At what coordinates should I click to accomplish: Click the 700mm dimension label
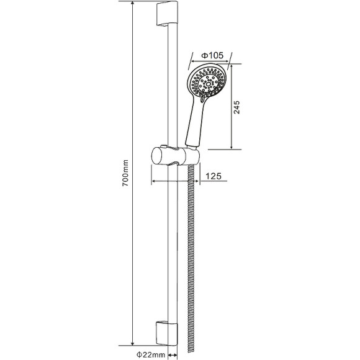[125, 173]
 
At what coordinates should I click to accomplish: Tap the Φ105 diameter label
[212, 55]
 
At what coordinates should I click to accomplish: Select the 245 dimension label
[236, 107]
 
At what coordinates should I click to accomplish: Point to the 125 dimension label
[214, 176]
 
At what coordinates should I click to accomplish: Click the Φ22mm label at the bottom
[151, 354]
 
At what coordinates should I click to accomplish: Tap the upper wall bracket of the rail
[167, 13]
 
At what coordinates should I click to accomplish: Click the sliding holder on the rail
[176, 156]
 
